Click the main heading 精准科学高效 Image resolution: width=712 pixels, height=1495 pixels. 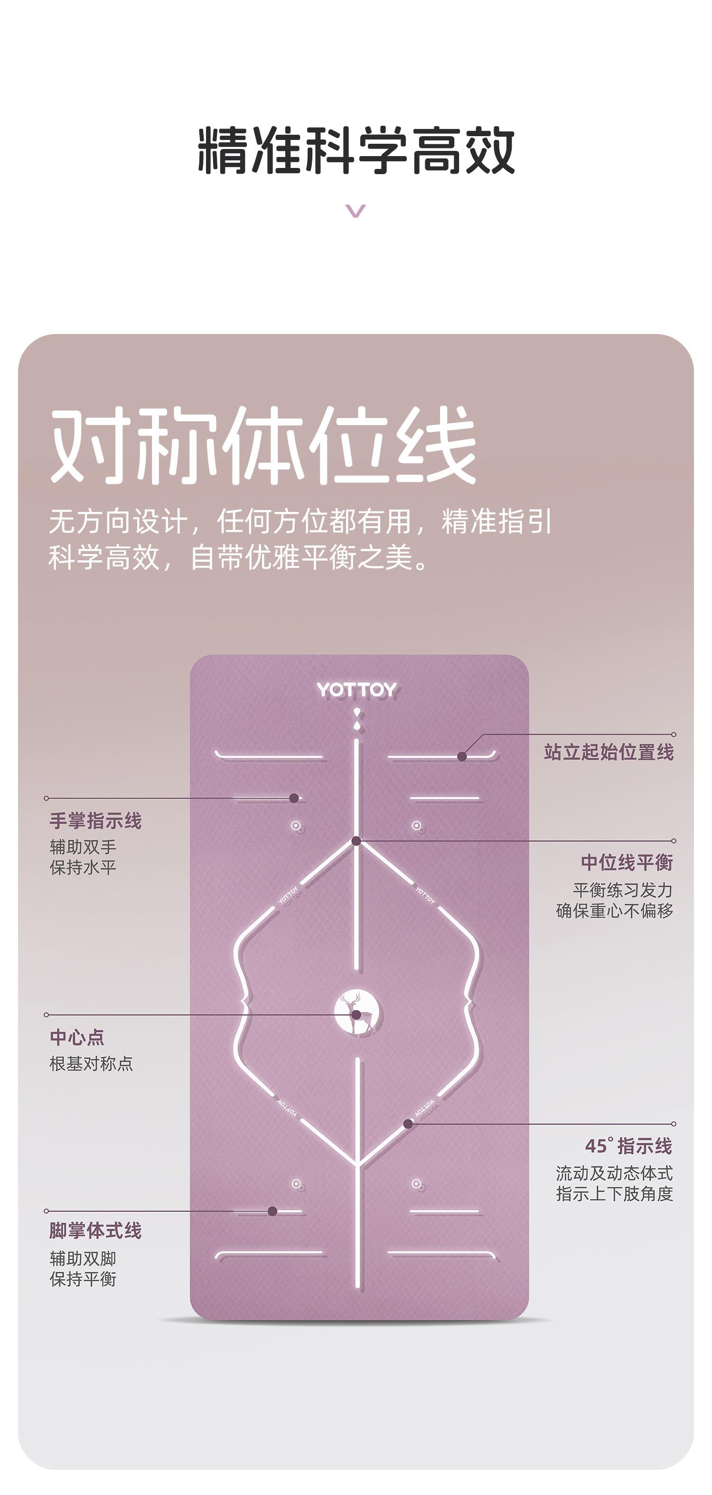[x=356, y=151]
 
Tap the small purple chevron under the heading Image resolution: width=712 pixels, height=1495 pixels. [x=356, y=210]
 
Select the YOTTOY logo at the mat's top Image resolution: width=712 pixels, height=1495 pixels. [x=356, y=689]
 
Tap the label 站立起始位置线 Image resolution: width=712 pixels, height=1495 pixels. [x=609, y=752]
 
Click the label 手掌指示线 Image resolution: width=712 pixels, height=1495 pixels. [x=96, y=821]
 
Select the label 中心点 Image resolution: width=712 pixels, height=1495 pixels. [x=77, y=1037]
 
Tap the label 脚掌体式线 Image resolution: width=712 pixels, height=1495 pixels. [x=96, y=1230]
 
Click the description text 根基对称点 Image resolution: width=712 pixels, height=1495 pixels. [x=92, y=1064]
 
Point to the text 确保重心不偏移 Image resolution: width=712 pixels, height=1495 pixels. [x=614, y=910]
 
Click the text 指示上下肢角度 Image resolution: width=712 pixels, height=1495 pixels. [x=614, y=1194]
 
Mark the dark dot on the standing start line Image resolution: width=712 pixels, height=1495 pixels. [x=462, y=756]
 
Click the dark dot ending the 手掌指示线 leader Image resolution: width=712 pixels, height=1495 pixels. [x=294, y=798]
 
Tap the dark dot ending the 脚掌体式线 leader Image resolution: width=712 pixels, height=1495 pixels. [x=272, y=1211]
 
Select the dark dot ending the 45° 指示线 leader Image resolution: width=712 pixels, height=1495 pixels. [x=408, y=1124]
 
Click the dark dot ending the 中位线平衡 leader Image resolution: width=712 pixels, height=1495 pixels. [x=356, y=840]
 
